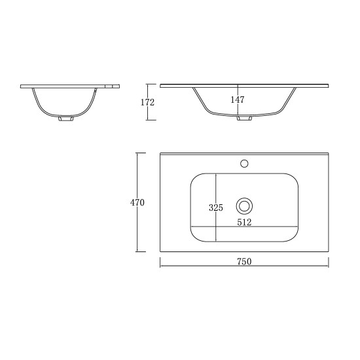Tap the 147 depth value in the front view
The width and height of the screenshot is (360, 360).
tap(237, 99)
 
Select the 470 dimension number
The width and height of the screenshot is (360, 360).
tap(137, 202)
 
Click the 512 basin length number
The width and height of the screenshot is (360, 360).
tap(244, 222)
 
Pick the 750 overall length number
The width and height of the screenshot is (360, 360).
tap(244, 261)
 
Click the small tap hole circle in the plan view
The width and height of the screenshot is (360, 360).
tap(244, 162)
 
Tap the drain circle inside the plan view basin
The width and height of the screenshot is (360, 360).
tap(244, 206)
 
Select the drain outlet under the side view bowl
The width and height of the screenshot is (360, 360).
tap(65, 119)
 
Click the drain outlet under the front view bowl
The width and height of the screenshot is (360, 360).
tap(245, 118)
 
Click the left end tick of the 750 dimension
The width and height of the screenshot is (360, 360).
tap(160, 266)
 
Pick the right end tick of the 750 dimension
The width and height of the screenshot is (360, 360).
tap(329, 266)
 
